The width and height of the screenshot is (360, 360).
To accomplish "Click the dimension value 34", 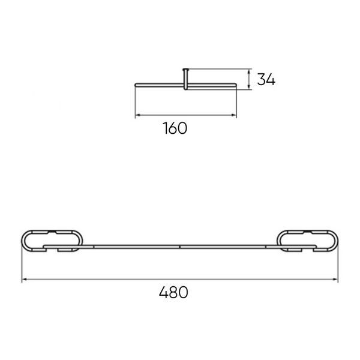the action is pos(266,79).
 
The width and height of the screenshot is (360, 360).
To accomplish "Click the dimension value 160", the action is pos(175,128).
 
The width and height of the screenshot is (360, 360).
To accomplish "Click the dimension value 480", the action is pos(173,292).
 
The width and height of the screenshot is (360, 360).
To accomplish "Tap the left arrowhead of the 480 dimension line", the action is pos(24,279).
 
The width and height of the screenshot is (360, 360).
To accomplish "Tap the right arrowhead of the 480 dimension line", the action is pos(336,279).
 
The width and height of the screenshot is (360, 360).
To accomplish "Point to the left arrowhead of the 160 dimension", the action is pos(137,115).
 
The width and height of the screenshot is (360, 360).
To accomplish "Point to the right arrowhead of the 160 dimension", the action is pos(234,115).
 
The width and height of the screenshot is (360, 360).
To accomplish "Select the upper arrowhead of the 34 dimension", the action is pos(249,71).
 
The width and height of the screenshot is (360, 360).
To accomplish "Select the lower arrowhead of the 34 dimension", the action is pos(249,86).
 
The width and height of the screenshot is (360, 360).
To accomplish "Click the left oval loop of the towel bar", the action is pos(22,241).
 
